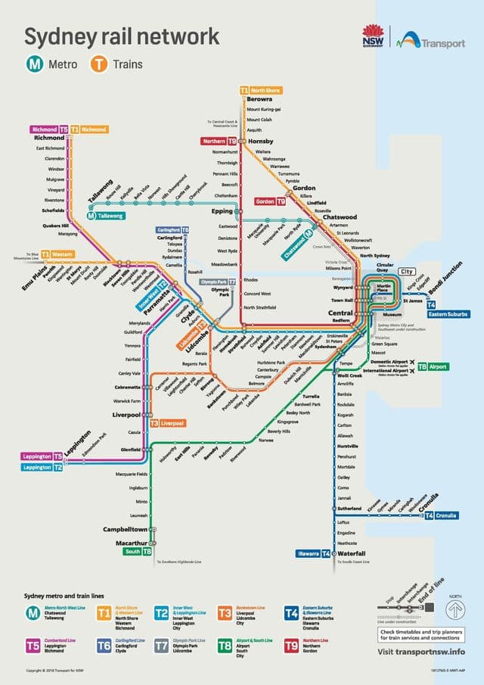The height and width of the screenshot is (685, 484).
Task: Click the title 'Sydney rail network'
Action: pyautogui.click(x=123, y=36)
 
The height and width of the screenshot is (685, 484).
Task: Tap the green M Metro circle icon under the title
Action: pyautogui.click(x=35, y=65)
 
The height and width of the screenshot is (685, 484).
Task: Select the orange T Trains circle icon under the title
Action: pyautogui.click(x=98, y=65)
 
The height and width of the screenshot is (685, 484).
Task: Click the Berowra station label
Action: pyautogui.click(x=260, y=98)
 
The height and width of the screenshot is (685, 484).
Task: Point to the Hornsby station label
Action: pyautogui.click(x=259, y=141)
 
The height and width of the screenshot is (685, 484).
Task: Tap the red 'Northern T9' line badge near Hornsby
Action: pyautogui.click(x=219, y=141)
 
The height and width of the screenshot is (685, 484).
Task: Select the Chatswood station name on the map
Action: pyautogui.click(x=340, y=217)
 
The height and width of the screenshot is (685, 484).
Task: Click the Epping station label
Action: pyautogui.click(x=222, y=210)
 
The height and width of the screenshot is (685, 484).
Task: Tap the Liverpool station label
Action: pyautogui.click(x=126, y=415)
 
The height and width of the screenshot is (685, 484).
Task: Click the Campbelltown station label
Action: pyautogui.click(x=126, y=529)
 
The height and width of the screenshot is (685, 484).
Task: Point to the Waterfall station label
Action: pyautogui.click(x=352, y=553)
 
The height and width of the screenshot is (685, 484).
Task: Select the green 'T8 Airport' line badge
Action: pyautogui.click(x=434, y=366)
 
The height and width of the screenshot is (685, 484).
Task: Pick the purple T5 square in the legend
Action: pyautogui.click(x=33, y=646)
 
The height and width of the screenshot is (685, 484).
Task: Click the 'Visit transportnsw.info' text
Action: pyautogui.click(x=422, y=651)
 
